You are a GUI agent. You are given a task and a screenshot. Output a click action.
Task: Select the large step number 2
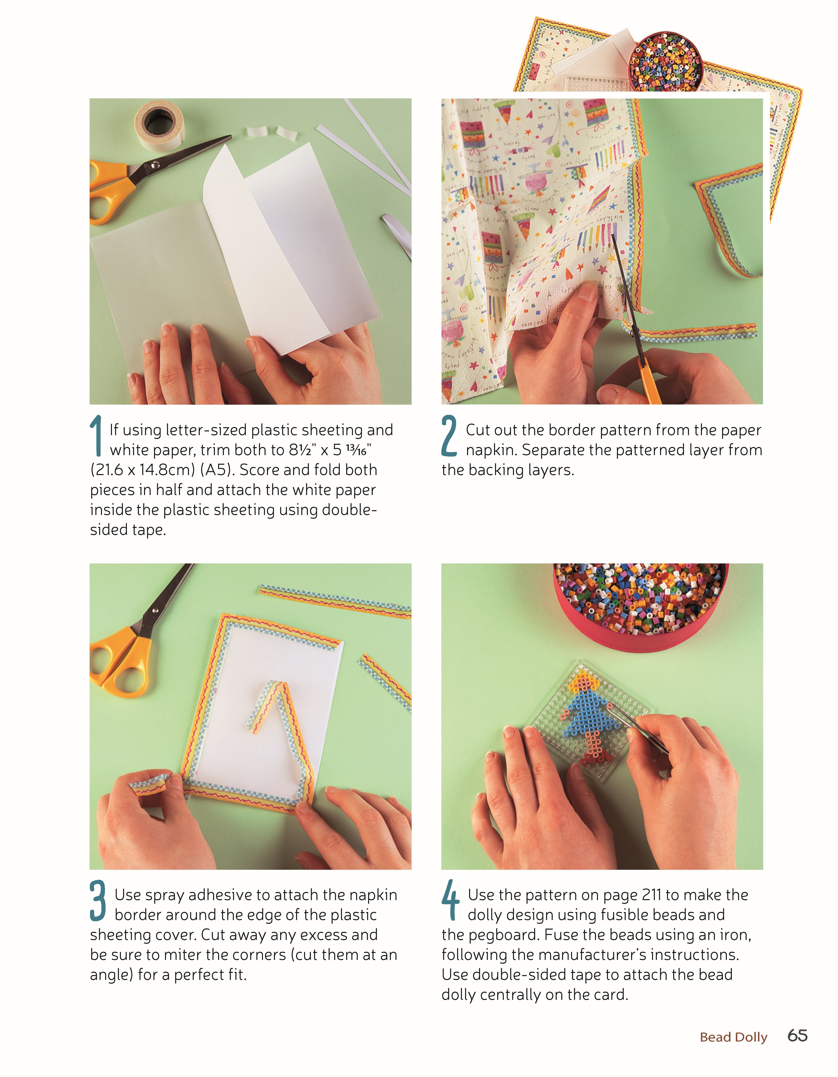coord(449,435)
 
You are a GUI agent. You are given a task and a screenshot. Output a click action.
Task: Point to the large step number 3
coord(98,900)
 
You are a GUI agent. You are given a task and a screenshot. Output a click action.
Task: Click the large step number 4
coord(450,900)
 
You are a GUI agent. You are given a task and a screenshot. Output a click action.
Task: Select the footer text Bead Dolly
coord(733,1037)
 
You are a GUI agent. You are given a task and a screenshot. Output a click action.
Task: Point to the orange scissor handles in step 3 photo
coord(123,661)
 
